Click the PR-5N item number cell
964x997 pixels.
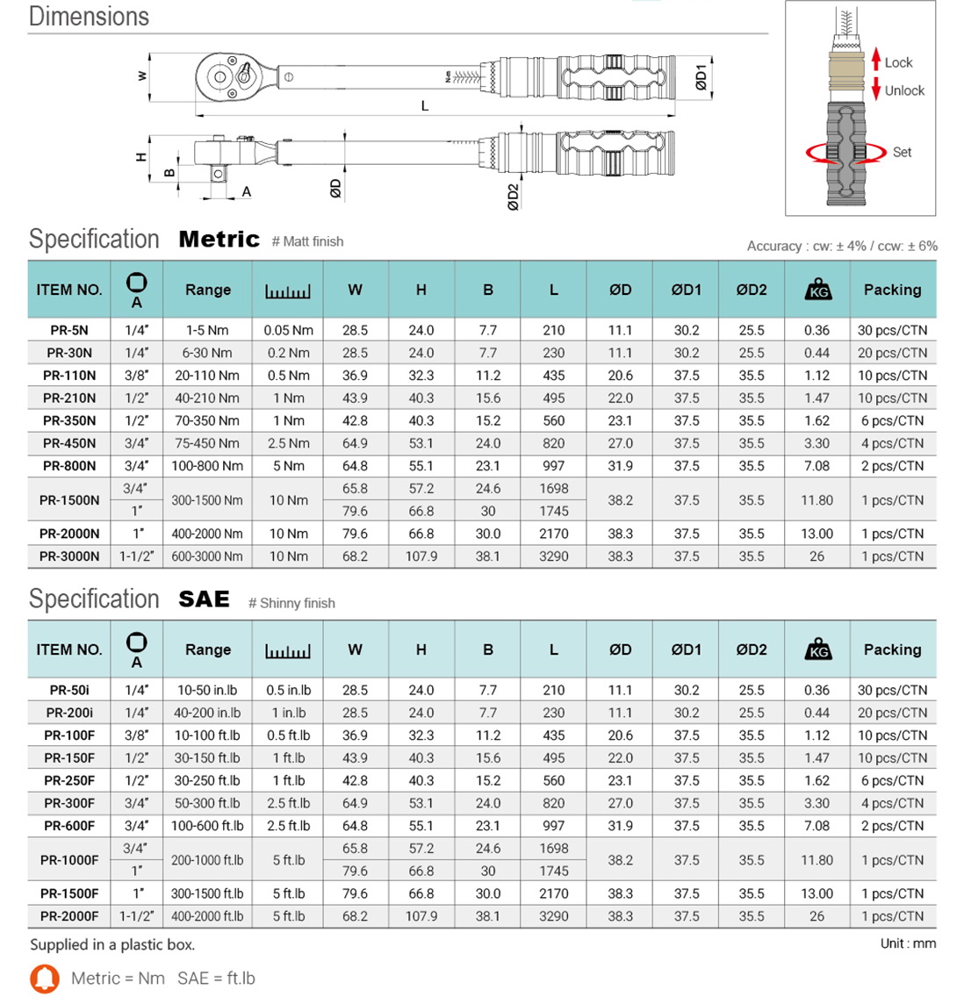pyautogui.click(x=69, y=331)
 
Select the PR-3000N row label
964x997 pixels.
pyautogui.click(x=69, y=556)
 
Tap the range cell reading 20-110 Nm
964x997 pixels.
pyautogui.click(x=207, y=376)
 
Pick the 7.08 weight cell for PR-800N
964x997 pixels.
pyautogui.click(x=817, y=466)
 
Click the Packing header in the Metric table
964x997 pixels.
pyautogui.click(x=892, y=290)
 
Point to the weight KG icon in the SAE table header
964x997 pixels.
pyautogui.click(x=817, y=650)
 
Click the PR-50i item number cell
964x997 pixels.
pyautogui.click(x=69, y=691)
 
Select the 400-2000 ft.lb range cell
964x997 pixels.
pyautogui.click(x=207, y=916)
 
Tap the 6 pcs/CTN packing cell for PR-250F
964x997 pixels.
pyautogui.click(x=892, y=781)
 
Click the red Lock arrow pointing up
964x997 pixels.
pyautogui.click(x=876, y=60)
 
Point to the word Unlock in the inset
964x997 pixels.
pyautogui.click(x=904, y=90)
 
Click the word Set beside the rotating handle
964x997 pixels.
pyautogui.click(x=903, y=152)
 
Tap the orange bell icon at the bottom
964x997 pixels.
pyautogui.click(x=45, y=979)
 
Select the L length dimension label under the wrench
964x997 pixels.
pyautogui.click(x=425, y=106)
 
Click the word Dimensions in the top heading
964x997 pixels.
pyautogui.click(x=89, y=17)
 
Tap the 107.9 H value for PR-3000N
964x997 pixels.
pyautogui.click(x=421, y=556)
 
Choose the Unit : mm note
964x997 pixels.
pyautogui.click(x=908, y=943)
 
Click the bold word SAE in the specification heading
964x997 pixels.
pyautogui.click(x=204, y=599)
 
